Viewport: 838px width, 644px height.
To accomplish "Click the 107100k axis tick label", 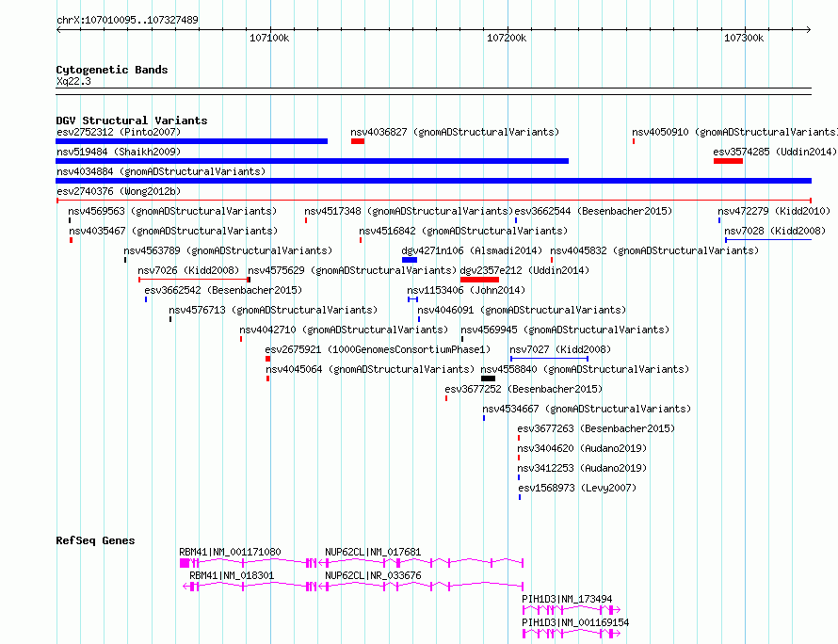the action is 269,38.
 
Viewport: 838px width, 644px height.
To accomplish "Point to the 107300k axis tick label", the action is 744,38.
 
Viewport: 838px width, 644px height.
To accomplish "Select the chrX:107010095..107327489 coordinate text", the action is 127,20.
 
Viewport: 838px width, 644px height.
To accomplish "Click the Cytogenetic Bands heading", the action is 112,70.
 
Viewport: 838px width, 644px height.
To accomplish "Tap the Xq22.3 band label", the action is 73,81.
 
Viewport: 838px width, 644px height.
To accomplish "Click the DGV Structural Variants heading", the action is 132,121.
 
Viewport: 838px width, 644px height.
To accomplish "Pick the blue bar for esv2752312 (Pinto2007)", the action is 192,141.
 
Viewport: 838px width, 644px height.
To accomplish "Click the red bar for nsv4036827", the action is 358,141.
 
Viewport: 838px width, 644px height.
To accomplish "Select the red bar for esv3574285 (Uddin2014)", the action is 728,161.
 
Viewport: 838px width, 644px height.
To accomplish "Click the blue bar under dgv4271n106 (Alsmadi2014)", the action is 410,260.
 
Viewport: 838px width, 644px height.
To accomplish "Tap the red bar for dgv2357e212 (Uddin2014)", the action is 479,280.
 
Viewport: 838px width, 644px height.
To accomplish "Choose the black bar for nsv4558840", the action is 488,378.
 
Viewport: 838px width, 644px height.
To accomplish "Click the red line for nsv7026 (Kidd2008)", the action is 193,280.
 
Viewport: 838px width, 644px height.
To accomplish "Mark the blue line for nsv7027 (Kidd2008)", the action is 549,359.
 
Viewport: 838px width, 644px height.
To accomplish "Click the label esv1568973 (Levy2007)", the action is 577,488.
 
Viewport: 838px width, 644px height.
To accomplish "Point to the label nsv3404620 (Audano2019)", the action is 582,448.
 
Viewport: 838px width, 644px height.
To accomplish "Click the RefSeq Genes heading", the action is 96,540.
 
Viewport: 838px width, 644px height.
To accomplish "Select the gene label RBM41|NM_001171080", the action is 230,552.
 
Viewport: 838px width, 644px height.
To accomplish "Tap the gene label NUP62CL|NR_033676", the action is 373,575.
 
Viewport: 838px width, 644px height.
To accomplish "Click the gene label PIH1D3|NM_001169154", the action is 575,622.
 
